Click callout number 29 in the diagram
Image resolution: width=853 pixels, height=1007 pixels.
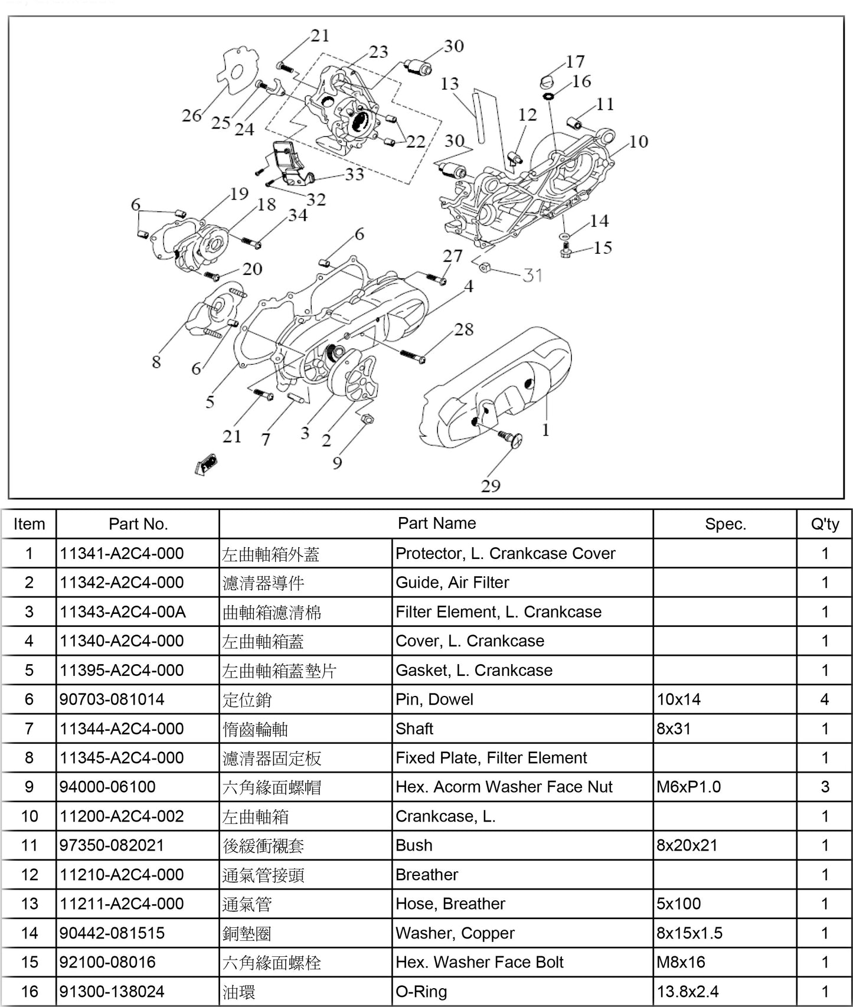click(x=491, y=486)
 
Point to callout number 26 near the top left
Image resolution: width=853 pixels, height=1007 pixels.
click(x=192, y=115)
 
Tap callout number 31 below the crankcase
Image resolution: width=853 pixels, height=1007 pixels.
click(x=532, y=275)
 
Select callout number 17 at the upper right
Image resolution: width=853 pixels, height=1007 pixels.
click(x=575, y=61)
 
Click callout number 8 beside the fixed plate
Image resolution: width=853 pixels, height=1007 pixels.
click(x=156, y=361)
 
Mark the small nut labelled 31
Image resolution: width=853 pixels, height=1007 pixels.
click(x=486, y=267)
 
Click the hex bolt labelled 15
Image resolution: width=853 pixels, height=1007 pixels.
click(x=565, y=252)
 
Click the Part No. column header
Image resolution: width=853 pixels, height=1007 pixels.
click(x=138, y=524)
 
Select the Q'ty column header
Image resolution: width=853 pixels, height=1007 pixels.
click(x=825, y=524)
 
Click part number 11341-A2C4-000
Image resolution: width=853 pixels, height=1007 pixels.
click(x=122, y=554)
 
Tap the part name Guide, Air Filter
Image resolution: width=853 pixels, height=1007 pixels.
click(x=452, y=583)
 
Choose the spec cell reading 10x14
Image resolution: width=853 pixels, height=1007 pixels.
click(x=679, y=699)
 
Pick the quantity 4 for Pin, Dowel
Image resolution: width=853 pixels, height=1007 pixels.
click(x=825, y=699)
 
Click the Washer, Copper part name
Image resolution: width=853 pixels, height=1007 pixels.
click(x=455, y=933)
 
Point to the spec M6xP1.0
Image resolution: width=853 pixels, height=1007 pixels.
click(x=688, y=787)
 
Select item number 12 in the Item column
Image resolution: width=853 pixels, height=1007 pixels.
click(x=29, y=875)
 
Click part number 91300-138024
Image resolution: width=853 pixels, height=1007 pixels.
click(x=112, y=992)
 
